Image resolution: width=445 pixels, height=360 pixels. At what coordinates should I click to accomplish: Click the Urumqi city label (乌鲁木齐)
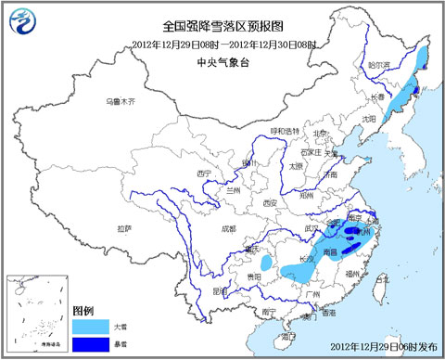click(x=120, y=100)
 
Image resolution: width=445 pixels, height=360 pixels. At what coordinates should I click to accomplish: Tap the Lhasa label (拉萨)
click(x=125, y=226)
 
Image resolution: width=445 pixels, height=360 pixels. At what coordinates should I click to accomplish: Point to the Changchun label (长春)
click(x=378, y=96)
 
